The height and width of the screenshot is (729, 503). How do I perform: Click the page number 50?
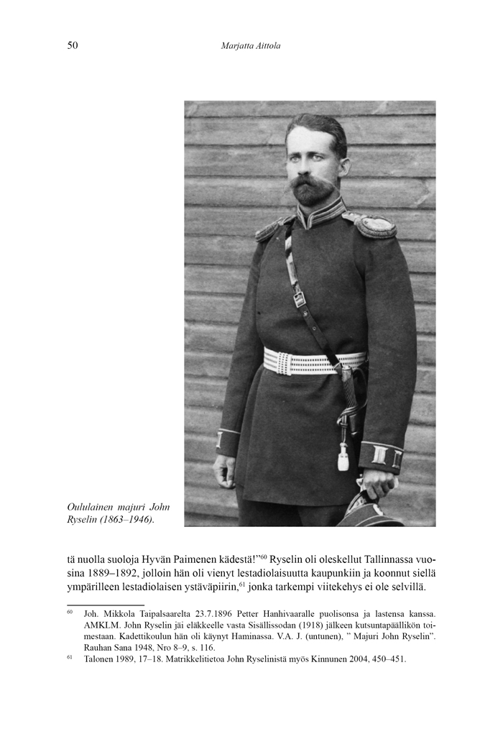point(72,46)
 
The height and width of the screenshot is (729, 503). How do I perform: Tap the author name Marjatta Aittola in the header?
point(251,46)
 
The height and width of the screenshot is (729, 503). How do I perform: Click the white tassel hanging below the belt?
point(343,455)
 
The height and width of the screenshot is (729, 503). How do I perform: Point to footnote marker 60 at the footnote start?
point(70,613)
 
